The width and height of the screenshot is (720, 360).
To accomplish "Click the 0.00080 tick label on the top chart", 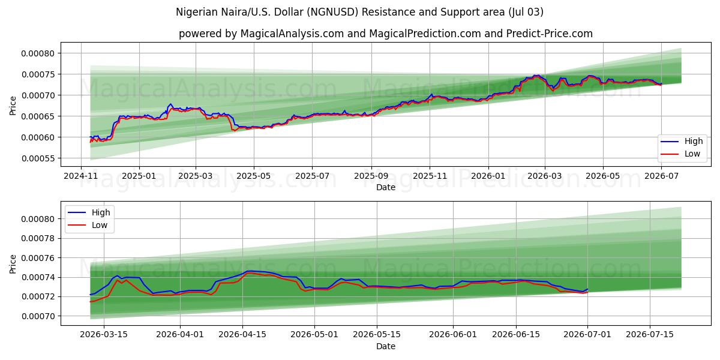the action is tap(38, 53).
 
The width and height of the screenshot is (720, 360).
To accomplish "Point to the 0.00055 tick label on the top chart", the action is tap(38, 158).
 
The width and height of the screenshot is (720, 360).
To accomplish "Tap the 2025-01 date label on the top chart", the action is tap(139, 176).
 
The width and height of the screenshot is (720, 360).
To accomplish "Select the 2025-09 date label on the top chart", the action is tap(371, 176).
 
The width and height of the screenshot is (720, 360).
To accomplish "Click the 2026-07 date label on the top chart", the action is tap(661, 176).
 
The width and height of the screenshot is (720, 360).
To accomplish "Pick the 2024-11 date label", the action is tap(80, 176).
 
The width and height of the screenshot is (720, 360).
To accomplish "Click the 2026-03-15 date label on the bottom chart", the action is tap(104, 335).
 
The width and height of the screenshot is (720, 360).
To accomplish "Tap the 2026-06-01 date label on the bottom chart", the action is tap(453, 335).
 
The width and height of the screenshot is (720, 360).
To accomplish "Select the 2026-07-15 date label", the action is tap(650, 335).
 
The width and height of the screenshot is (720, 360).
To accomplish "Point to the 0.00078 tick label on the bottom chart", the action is tap(38, 239).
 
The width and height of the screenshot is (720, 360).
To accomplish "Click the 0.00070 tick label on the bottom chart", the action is tap(38, 316).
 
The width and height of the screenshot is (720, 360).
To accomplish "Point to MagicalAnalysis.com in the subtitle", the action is tap(292, 34).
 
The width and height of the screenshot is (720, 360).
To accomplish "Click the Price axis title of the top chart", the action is tap(13, 106).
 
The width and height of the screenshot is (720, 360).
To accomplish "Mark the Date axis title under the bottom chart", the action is tap(386, 346).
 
